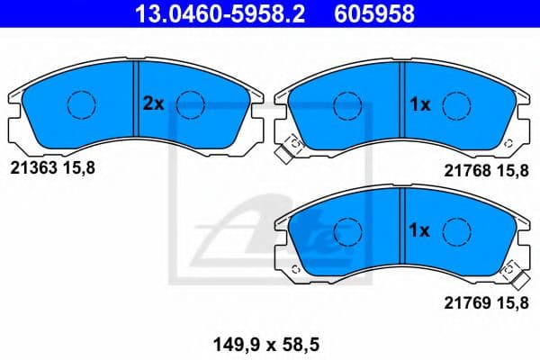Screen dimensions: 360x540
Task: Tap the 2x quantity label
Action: tap(153, 103)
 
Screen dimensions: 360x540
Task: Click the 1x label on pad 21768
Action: tap(419, 104)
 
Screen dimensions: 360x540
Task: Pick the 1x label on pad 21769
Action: tap(419, 231)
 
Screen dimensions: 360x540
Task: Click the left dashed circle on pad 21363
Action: tap(82, 104)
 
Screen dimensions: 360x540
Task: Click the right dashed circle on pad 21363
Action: tap(190, 104)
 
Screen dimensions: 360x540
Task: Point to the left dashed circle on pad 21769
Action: tap(347, 232)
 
